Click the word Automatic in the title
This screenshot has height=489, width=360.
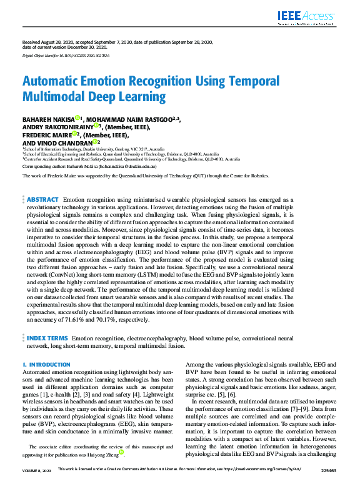(53, 81)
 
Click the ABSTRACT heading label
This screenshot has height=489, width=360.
(42, 199)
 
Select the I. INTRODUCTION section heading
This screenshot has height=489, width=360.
(46, 364)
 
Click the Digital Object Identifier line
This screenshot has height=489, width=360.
(66, 56)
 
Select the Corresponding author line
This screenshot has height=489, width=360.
(89, 167)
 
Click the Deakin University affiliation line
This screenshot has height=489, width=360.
(94, 150)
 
